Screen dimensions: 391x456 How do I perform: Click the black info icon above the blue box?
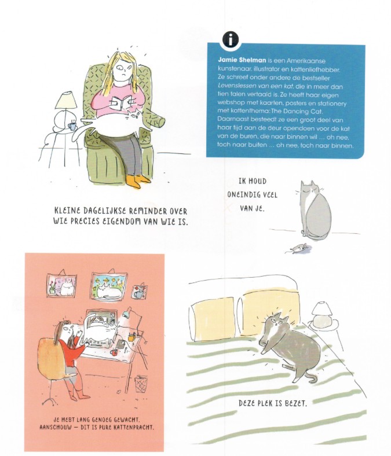pos(231,39)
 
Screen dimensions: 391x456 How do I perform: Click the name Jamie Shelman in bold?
pos(242,60)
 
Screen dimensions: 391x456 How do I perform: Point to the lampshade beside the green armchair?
pos(67,100)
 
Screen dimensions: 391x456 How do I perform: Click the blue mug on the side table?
pos(72,126)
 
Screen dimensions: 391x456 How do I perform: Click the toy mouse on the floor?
pos(298,248)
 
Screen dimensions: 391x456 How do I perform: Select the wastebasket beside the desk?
pos(141,384)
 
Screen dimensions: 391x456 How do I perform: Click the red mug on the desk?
pos(114,352)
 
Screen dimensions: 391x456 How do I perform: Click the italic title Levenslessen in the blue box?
pos(235,86)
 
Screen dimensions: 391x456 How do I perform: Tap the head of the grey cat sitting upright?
pos(309,190)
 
